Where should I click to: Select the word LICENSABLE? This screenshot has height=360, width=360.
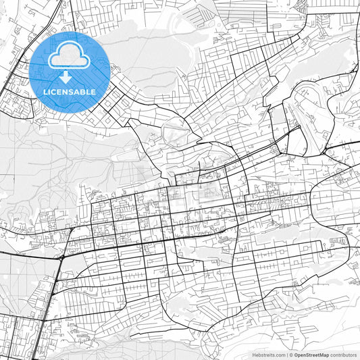70,91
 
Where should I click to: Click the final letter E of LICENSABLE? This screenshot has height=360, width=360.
93,91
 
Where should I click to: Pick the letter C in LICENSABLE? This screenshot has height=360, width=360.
55,91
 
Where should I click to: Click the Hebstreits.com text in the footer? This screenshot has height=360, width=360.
269,355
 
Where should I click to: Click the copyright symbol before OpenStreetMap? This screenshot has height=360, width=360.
291,355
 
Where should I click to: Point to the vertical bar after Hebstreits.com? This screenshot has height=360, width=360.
286,355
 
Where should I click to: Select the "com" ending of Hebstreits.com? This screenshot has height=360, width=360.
280,355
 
